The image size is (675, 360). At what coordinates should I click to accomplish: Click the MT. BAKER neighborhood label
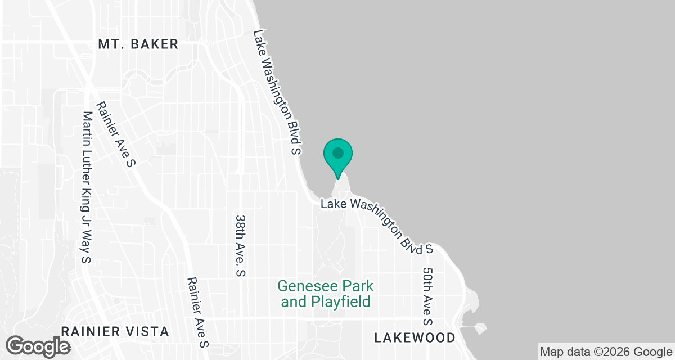point(138,44)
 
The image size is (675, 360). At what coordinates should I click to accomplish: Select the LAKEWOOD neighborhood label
point(415,337)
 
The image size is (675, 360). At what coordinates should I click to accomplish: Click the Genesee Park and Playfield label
point(326,294)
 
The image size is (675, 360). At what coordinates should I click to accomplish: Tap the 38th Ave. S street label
point(240,245)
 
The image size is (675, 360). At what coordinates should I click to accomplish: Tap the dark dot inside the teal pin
point(337,152)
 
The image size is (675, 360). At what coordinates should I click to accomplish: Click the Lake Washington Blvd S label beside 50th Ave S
point(377,225)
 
